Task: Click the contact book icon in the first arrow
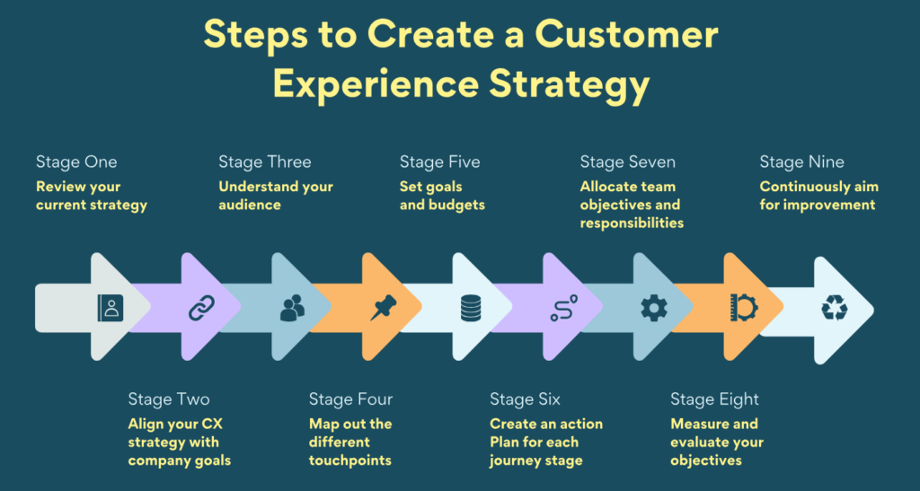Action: pos(110,309)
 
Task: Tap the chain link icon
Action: pos(200,309)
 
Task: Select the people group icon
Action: pos(292,309)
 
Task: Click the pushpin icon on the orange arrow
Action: pos(383,309)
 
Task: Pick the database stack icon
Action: pos(472,309)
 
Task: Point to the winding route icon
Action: pos(562,309)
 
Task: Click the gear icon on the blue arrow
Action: pos(653,309)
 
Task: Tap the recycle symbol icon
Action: pos(834,309)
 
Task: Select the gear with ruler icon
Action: pos(744,308)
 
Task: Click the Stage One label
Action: pos(76,162)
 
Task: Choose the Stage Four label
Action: pos(350,399)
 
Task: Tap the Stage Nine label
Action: pos(801,162)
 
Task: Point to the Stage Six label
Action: pos(530,399)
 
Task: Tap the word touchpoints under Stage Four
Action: pos(349,460)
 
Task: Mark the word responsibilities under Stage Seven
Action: pos(632,223)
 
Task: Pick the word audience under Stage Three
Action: pos(249,205)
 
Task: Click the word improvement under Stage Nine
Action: pos(829,205)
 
